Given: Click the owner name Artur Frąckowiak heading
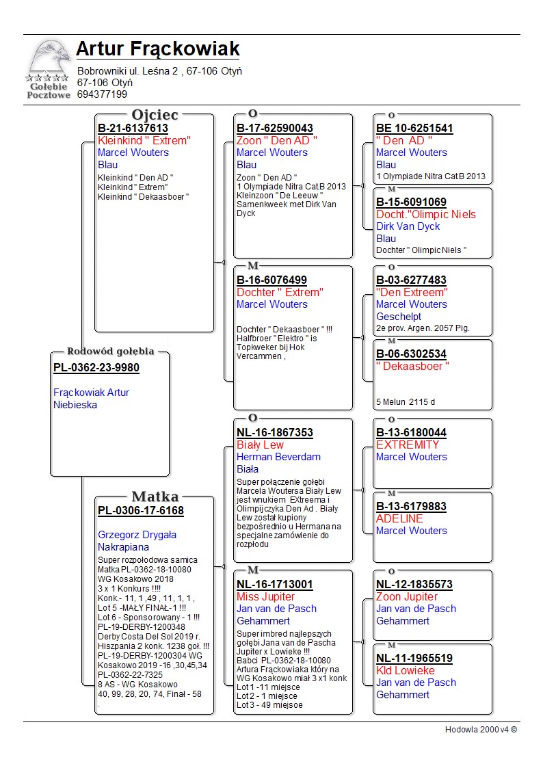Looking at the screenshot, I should [x=157, y=49].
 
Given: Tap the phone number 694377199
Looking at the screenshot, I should [x=102, y=94].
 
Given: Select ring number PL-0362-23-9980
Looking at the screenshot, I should [x=96, y=368].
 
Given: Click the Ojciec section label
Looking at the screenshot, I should [x=155, y=115].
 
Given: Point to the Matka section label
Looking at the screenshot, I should [x=155, y=497].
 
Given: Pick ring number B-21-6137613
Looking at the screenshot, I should [x=133, y=129].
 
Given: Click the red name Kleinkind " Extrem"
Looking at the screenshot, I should [x=144, y=141].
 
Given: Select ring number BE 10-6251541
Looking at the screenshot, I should [x=414, y=129].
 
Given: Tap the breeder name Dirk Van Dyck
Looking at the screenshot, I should [x=408, y=226].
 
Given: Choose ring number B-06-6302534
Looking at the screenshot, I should [x=411, y=354].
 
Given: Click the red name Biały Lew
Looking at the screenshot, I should [x=260, y=445].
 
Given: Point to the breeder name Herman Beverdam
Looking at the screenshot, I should [x=278, y=457].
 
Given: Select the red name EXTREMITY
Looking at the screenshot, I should [x=408, y=445].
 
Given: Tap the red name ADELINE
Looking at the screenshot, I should [x=399, y=518].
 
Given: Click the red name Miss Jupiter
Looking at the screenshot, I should [x=266, y=597].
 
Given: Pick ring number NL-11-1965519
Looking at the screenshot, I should [x=414, y=659].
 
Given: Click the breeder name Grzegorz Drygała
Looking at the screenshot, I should [x=137, y=535].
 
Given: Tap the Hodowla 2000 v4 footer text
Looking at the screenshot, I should [x=481, y=730].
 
